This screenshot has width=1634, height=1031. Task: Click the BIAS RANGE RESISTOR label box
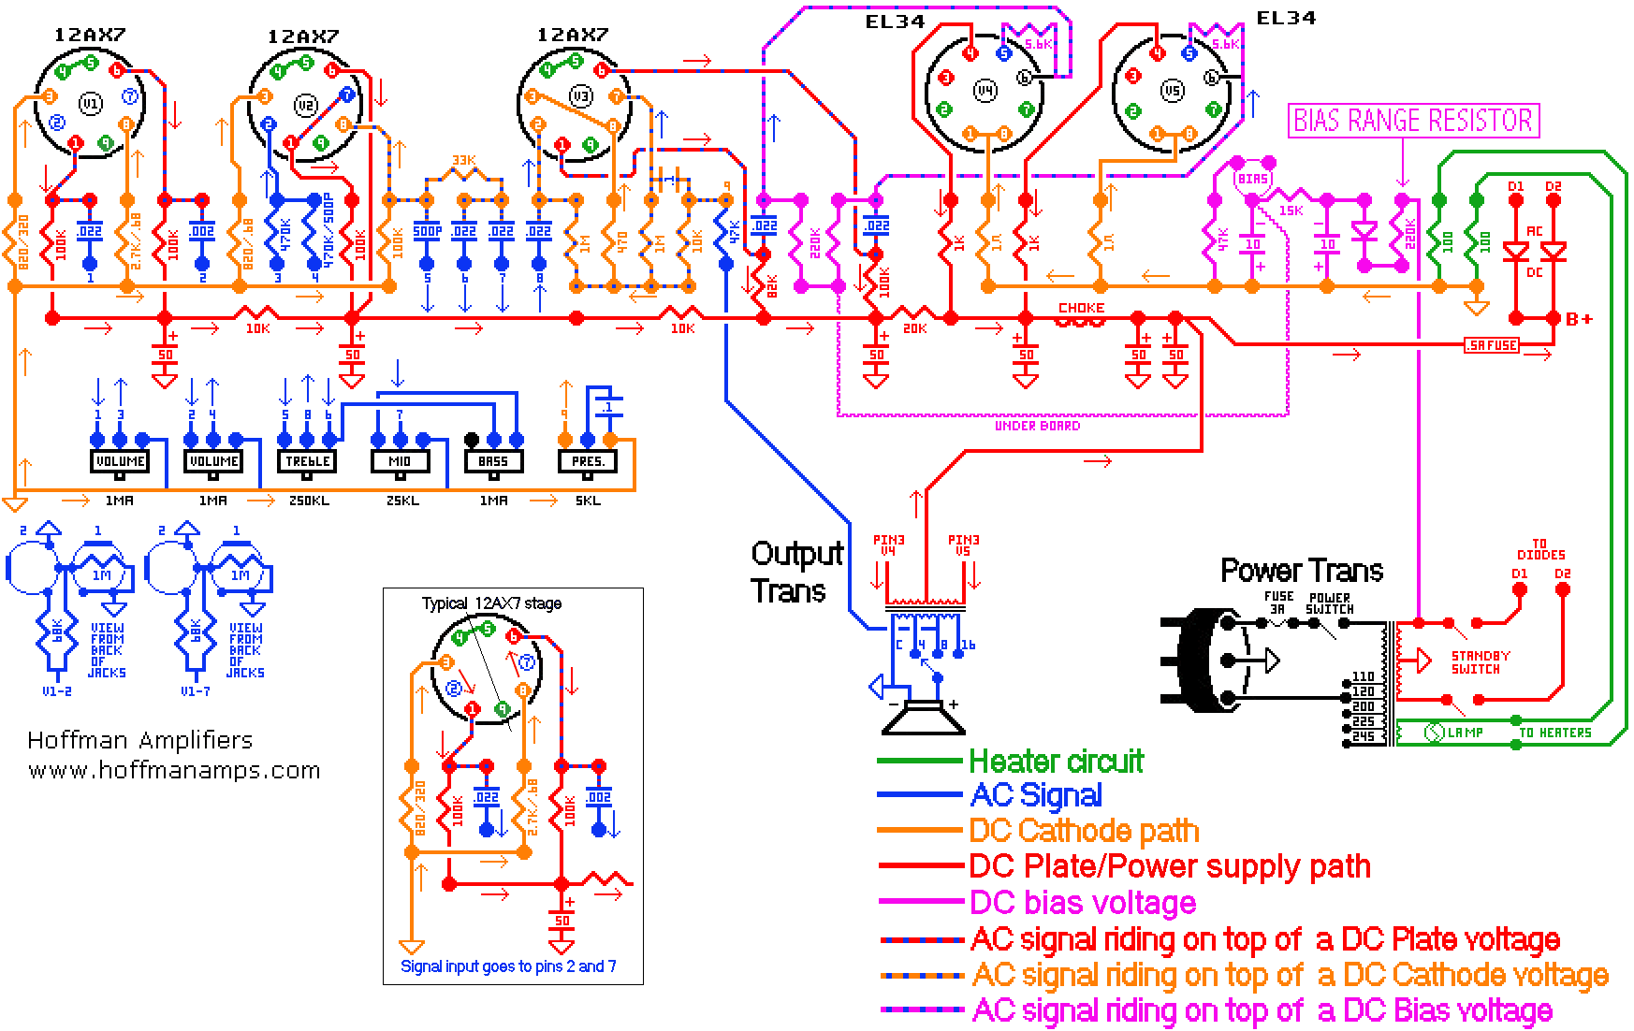[x=1413, y=121]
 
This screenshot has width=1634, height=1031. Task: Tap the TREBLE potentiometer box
[x=307, y=461]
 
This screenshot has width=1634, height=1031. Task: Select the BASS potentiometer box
[x=493, y=461]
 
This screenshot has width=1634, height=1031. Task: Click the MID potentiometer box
[x=400, y=461]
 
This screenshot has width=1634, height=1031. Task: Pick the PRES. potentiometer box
[x=588, y=461]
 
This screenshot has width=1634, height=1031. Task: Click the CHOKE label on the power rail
[x=1081, y=308]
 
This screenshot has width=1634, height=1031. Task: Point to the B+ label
[x=1579, y=319]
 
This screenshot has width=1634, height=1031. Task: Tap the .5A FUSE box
[x=1492, y=345]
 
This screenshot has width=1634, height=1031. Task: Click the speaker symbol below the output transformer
[x=925, y=719]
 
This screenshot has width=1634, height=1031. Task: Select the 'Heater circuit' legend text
[x=1056, y=762]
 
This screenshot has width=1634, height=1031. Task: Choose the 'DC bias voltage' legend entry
[x=1083, y=903]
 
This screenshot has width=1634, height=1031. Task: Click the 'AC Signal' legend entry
[x=1036, y=796]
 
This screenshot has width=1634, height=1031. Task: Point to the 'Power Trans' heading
[x=1302, y=571]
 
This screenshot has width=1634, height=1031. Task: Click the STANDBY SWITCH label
[x=1480, y=662]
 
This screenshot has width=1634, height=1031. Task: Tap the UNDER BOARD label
[x=1037, y=426]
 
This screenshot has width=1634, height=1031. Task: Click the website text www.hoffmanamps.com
[x=174, y=771]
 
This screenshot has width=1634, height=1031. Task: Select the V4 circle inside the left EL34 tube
[x=985, y=91]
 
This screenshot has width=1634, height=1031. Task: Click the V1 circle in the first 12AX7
[x=89, y=103]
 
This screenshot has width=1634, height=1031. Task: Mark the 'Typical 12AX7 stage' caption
[x=491, y=603]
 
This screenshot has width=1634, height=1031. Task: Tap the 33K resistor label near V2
[x=463, y=161]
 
